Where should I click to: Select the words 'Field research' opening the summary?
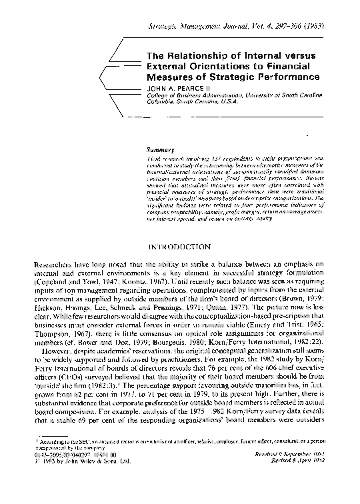(x=161, y=161)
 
